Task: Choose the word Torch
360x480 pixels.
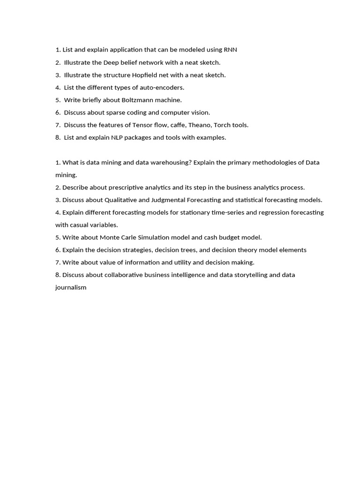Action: click(x=222, y=125)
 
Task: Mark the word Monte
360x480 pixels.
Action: click(x=109, y=238)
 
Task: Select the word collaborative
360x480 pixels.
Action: click(x=123, y=275)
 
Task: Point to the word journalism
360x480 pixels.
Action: click(x=71, y=288)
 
